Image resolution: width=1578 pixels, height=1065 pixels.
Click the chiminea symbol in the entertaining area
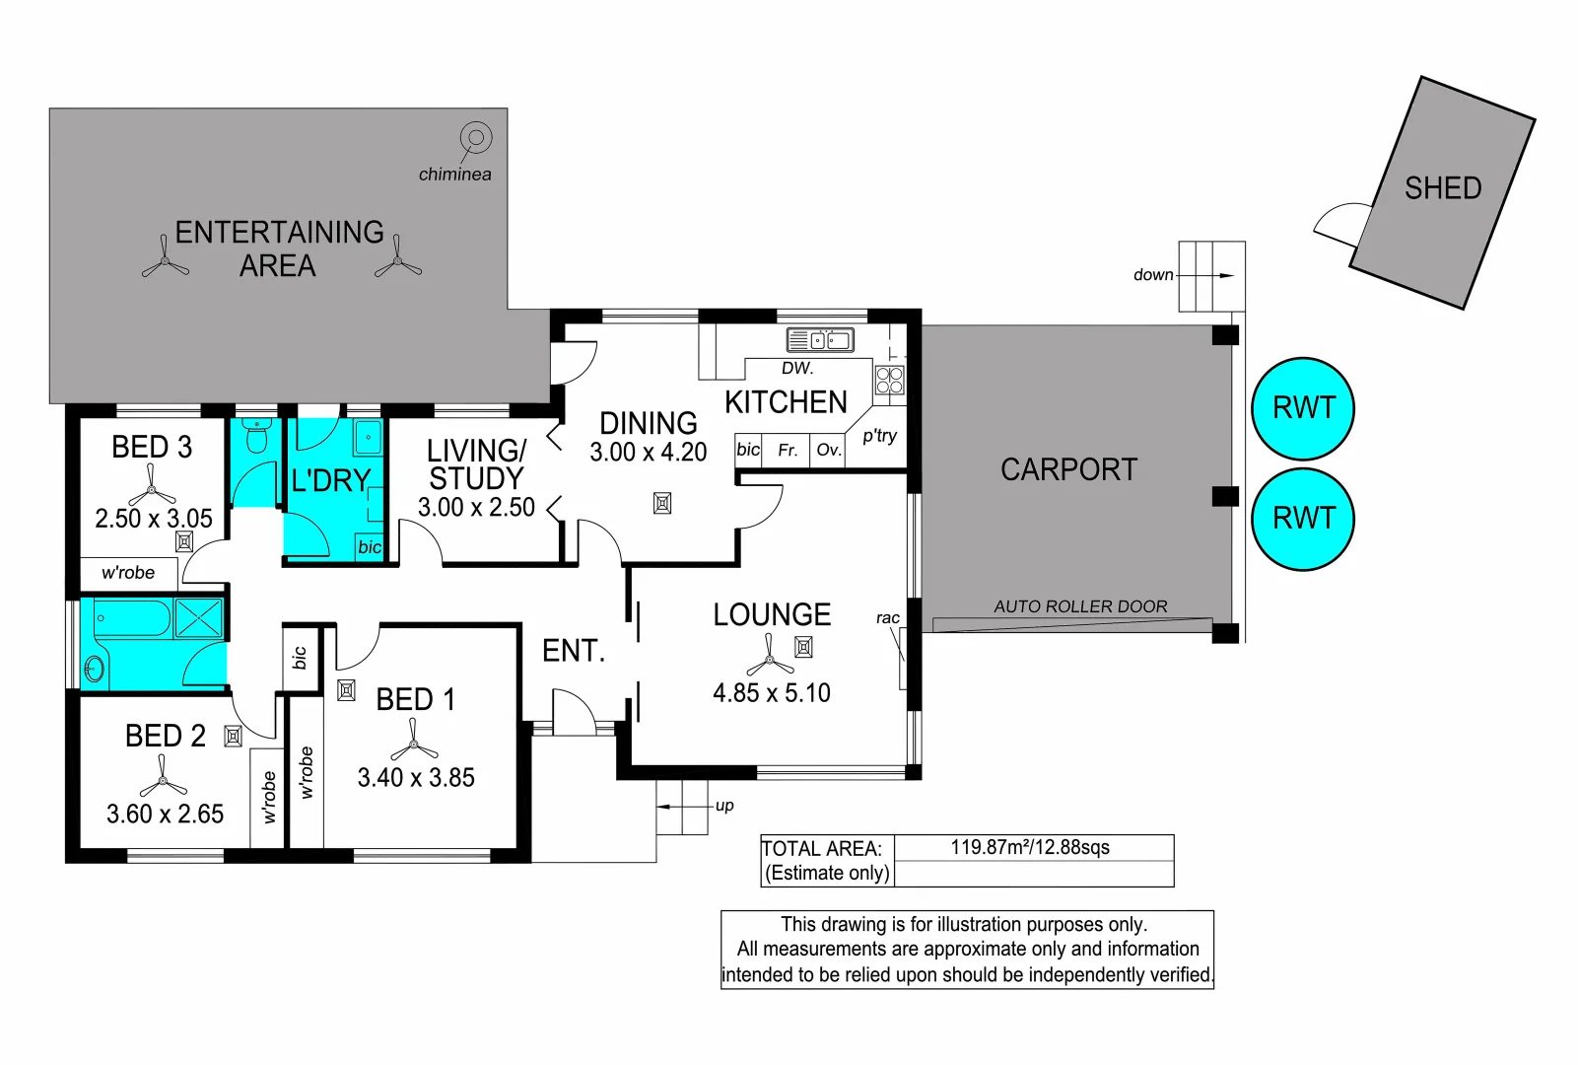pos(476,138)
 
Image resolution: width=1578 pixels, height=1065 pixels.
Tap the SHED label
pos(1443,188)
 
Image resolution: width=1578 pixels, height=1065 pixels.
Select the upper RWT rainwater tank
pos(1303,409)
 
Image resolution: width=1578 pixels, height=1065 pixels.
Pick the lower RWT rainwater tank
pos(1303,519)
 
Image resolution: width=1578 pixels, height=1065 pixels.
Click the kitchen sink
pos(820,340)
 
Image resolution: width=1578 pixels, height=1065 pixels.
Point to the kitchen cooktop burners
pos(890,381)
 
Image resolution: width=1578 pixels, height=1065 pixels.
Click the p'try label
pos(880,436)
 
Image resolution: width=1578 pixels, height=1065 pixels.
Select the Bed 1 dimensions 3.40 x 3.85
pos(416,777)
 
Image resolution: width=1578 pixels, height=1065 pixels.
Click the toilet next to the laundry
pos(256,436)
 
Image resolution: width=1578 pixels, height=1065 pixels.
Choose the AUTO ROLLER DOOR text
pos(1080,606)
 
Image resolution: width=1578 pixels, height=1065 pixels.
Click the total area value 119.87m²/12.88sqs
pos(1030,847)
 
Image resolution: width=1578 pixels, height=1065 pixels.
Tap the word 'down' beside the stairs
pos(1153,275)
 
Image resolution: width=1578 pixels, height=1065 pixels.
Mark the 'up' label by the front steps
pos(724,806)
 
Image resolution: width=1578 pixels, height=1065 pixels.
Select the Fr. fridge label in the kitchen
pos(788,450)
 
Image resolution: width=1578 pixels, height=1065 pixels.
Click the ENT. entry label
pos(574,651)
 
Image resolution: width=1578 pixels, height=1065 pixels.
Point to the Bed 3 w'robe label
pos(127,572)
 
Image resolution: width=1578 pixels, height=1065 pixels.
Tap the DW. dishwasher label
pos(797,368)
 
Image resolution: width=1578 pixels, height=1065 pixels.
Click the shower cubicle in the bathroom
pos(199,618)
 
